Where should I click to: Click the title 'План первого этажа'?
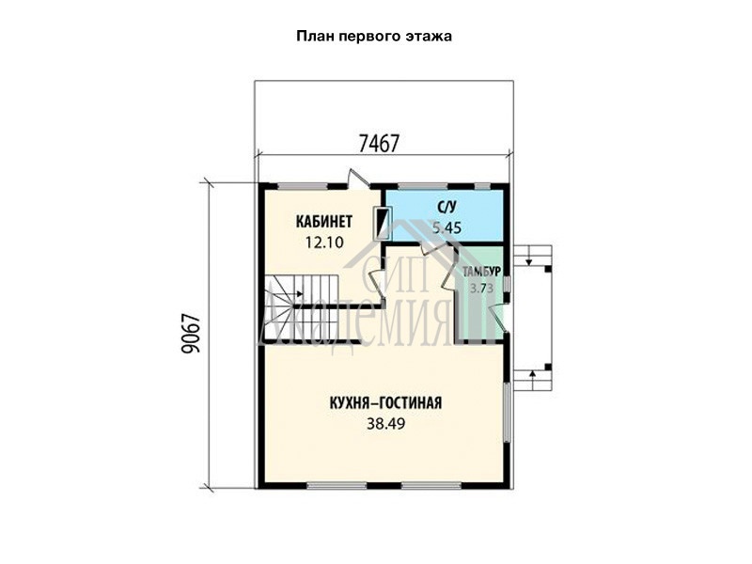pyautogui.click(x=374, y=37)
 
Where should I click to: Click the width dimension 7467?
pyautogui.click(x=379, y=143)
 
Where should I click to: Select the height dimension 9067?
pyautogui.click(x=191, y=334)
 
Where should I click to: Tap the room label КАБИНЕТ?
pyautogui.click(x=324, y=222)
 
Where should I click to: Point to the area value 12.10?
pyautogui.click(x=324, y=243)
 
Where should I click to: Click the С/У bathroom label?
pyautogui.click(x=446, y=207)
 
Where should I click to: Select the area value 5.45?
pyautogui.click(x=446, y=227)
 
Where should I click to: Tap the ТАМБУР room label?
pyautogui.click(x=481, y=272)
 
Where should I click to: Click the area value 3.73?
pyautogui.click(x=481, y=289)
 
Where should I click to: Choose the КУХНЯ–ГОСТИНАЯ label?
pyautogui.click(x=385, y=403)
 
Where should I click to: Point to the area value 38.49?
pyautogui.click(x=385, y=424)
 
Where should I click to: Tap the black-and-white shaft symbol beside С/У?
pyautogui.click(x=383, y=223)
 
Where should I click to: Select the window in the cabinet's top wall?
pyautogui.click(x=302, y=186)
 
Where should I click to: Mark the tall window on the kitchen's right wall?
pyautogui.click(x=506, y=412)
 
